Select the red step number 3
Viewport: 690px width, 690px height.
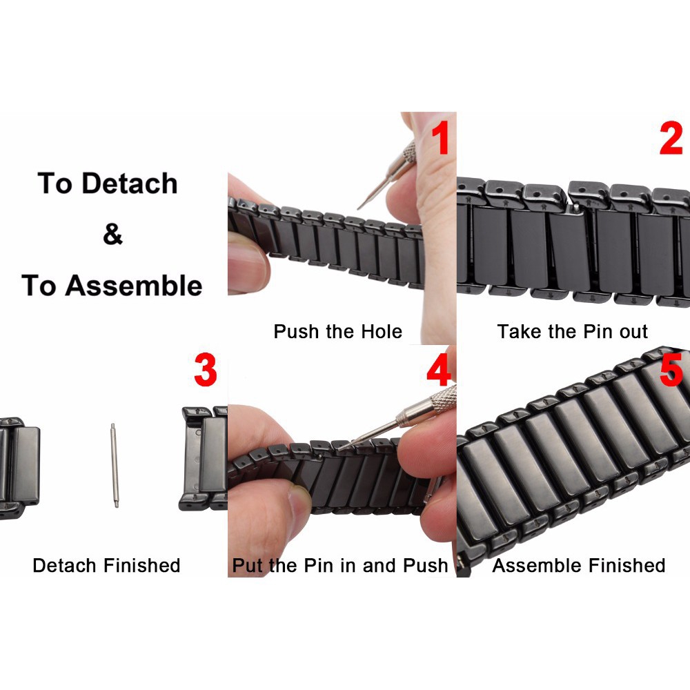[x=206, y=371]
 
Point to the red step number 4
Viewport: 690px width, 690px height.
[x=439, y=371]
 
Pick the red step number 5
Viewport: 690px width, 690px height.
[x=671, y=371]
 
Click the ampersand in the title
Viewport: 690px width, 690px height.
[x=112, y=235]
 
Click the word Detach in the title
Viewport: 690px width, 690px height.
[x=130, y=184]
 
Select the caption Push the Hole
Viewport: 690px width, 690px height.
[x=337, y=331]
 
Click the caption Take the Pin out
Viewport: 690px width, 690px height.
[x=572, y=331]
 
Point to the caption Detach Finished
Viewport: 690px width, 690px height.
[x=106, y=566]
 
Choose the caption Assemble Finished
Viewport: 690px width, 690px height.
[x=578, y=566]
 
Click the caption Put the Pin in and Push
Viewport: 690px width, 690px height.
[x=340, y=566]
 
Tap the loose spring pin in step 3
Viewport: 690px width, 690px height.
[x=115, y=465]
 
